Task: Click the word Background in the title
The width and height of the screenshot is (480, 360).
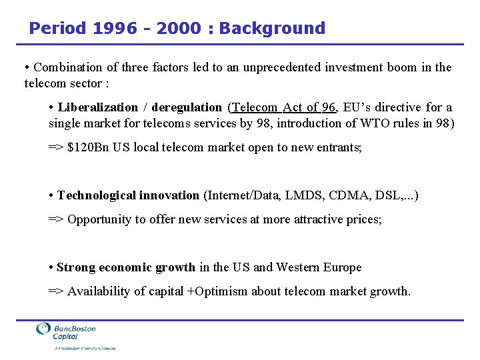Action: click(x=272, y=28)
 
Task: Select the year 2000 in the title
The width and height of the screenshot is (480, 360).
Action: click(x=178, y=28)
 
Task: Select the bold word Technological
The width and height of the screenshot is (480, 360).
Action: click(x=97, y=195)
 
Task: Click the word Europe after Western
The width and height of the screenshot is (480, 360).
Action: click(x=343, y=267)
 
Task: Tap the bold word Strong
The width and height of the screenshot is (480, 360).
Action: click(x=76, y=267)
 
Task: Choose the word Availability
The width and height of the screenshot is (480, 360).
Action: click(x=99, y=291)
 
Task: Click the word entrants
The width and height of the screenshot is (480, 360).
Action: click(x=340, y=147)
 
